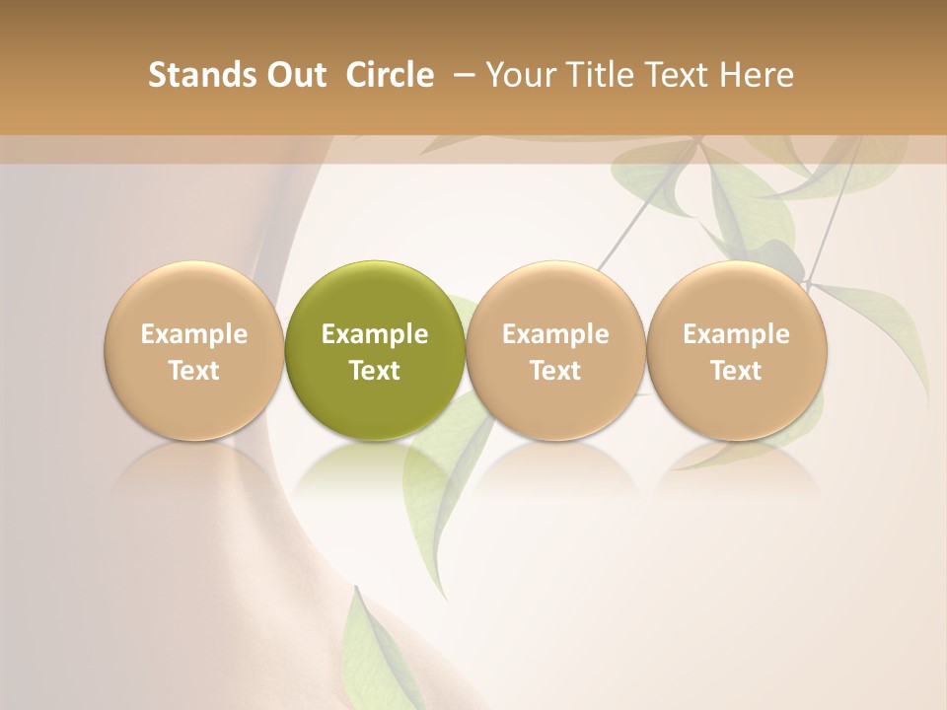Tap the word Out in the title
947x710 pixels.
(x=295, y=75)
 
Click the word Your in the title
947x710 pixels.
(x=518, y=75)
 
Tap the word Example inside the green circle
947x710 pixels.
(x=375, y=334)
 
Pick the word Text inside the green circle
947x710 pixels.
(x=375, y=371)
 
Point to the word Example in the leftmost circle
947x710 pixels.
(x=194, y=334)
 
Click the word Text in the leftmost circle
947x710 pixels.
(x=194, y=371)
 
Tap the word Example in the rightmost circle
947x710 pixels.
(x=737, y=334)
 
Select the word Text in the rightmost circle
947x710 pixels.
(x=737, y=371)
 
